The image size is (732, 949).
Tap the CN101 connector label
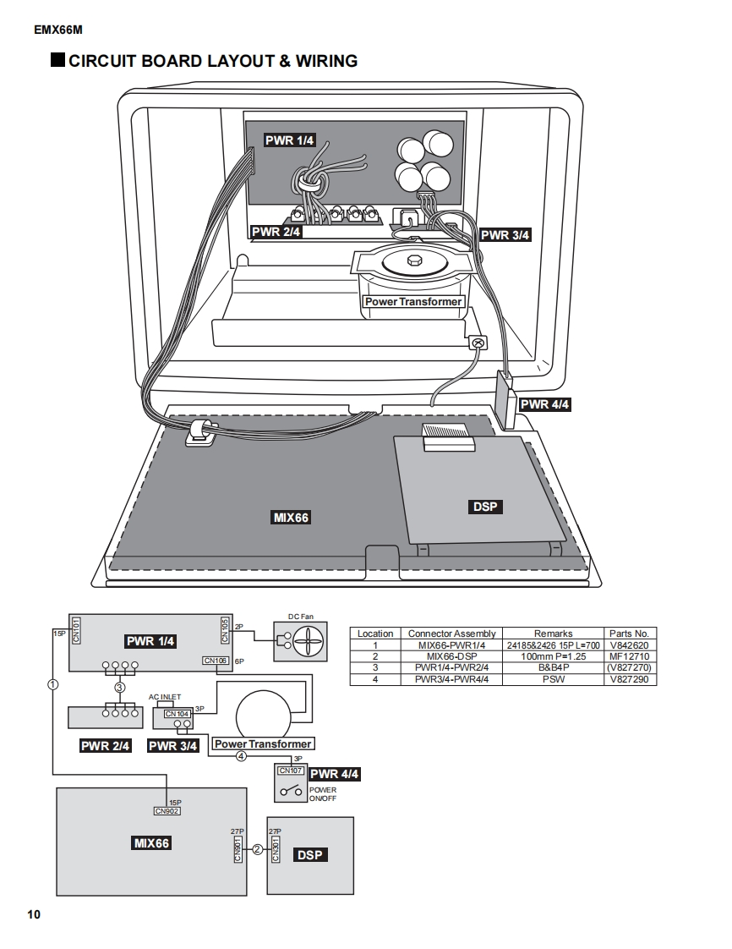[x=75, y=629]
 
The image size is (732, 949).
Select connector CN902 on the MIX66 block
[x=167, y=811]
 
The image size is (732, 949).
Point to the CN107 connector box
[x=291, y=771]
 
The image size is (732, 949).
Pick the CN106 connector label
[x=216, y=661]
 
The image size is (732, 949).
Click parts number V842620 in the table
[x=629, y=645]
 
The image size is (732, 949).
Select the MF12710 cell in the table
[x=629, y=656]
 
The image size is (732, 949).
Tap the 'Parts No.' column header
[x=629, y=634]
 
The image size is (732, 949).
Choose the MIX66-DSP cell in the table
[x=452, y=656]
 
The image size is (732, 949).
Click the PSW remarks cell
[x=553, y=679]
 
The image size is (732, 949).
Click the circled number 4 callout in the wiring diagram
[x=241, y=757]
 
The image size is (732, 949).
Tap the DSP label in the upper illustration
[x=485, y=507]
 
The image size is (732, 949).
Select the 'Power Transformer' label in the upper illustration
[x=413, y=302]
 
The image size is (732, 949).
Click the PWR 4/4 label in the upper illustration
[x=545, y=404]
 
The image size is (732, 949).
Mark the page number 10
[x=33, y=914]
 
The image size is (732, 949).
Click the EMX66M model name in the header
[x=58, y=30]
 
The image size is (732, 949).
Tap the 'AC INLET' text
[x=165, y=697]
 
